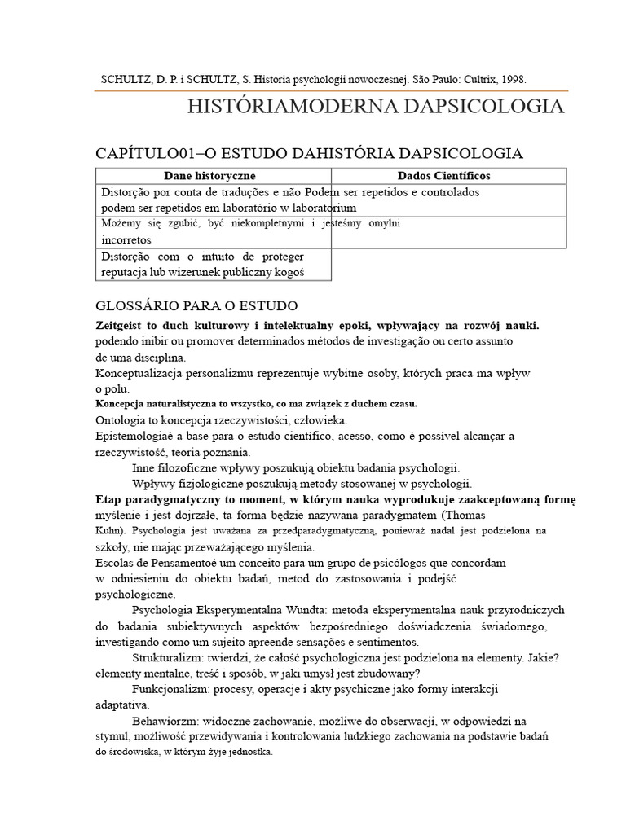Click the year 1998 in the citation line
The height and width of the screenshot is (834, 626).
pos(513,80)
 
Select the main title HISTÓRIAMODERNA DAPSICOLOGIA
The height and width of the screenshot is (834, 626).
pos(375,107)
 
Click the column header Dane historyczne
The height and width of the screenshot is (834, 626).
pos(209,176)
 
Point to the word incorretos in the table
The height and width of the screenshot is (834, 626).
pos(126,241)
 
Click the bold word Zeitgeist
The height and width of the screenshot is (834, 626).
pos(122,325)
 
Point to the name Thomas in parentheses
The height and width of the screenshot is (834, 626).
pos(466,516)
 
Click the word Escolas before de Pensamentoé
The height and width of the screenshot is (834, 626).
pos(116,563)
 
